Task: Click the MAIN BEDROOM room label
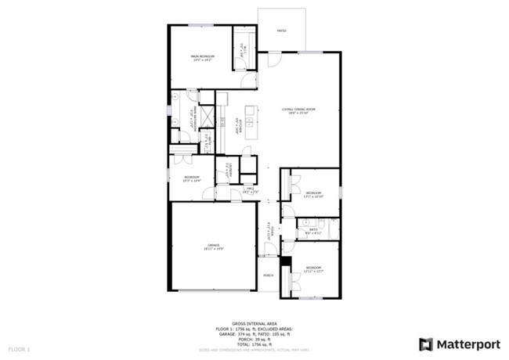click(202, 57)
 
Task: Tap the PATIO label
click(282, 31)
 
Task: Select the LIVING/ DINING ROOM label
click(298, 110)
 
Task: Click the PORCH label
click(268, 276)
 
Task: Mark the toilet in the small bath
click(304, 222)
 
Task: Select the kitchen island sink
click(249, 121)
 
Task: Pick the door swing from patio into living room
click(273, 59)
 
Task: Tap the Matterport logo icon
click(425, 344)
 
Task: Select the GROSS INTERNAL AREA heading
click(254, 321)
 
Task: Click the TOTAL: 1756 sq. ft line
click(254, 344)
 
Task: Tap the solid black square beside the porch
click(286, 260)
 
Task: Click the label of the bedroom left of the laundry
click(192, 178)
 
